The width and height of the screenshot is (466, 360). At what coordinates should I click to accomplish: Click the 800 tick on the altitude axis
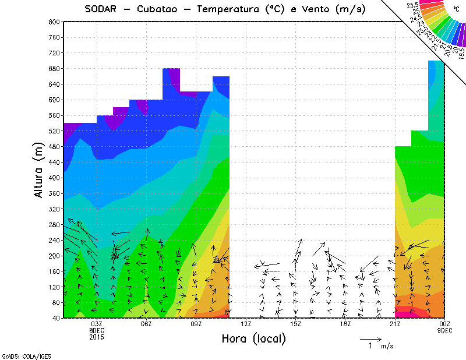click(54, 22)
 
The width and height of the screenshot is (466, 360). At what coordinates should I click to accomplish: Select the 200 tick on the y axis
click(54, 256)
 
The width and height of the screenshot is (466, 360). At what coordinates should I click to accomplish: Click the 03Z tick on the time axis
click(97, 324)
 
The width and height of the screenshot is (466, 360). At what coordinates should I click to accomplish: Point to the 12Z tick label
click(246, 324)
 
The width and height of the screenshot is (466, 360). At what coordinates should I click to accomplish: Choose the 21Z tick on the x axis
click(395, 324)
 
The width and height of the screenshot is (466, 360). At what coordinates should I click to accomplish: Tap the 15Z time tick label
click(295, 324)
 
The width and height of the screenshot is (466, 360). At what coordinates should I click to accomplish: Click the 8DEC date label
click(97, 330)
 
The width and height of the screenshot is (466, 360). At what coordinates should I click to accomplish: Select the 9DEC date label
click(445, 330)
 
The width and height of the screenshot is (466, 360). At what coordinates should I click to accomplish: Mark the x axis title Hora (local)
click(253, 338)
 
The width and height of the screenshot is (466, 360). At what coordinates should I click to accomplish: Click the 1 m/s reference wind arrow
click(370, 338)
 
